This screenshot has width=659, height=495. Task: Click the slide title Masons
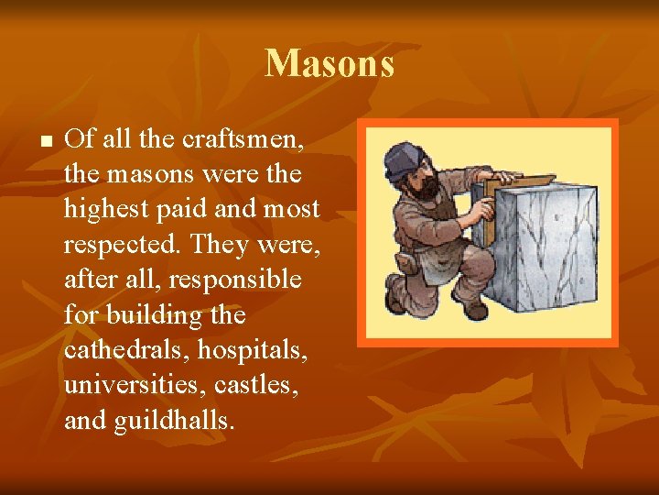(x=329, y=64)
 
